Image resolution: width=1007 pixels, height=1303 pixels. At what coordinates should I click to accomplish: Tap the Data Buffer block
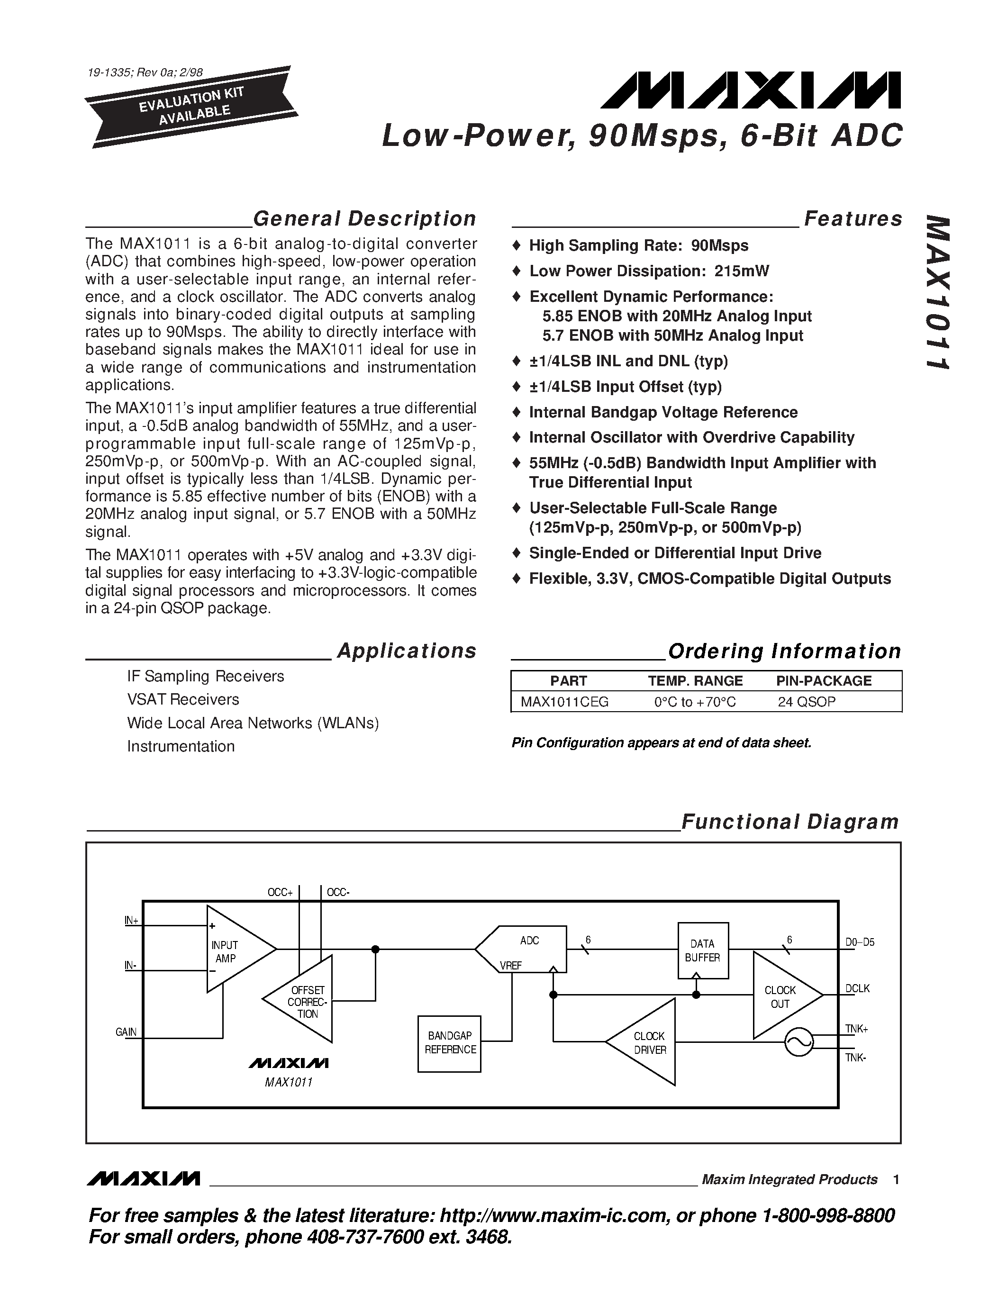(703, 950)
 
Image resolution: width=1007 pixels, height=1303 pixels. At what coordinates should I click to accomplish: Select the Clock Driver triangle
(648, 1042)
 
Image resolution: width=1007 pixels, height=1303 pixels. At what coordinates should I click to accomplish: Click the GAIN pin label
(126, 1032)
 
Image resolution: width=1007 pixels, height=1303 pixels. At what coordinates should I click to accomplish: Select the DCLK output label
(857, 988)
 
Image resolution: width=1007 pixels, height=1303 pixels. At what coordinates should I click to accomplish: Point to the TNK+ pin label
(856, 1029)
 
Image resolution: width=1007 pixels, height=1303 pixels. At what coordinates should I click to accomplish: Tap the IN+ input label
(131, 921)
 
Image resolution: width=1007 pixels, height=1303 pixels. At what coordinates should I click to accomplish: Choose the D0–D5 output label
(860, 942)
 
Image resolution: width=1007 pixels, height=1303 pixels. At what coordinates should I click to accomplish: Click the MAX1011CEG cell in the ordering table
(564, 702)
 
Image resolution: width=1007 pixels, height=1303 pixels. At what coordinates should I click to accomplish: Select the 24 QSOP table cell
(806, 702)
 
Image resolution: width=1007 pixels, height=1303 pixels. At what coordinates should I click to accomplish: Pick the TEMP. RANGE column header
(695, 681)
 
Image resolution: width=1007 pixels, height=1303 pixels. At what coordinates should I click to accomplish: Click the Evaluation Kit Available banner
(191, 106)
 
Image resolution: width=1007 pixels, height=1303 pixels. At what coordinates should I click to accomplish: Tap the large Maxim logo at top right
(751, 90)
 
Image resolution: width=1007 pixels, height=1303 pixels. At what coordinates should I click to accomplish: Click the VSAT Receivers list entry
(182, 699)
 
